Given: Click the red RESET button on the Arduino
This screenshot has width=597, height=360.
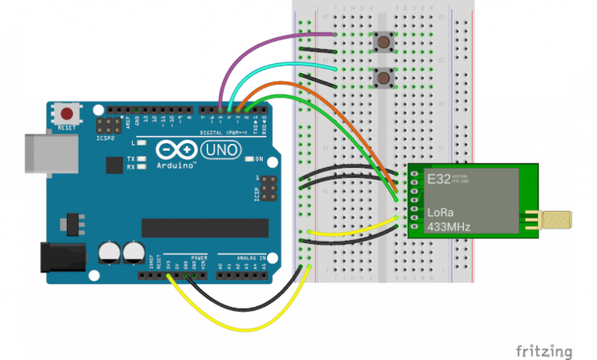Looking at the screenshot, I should pos(67,114).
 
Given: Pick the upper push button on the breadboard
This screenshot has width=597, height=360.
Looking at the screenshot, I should pos(382,41).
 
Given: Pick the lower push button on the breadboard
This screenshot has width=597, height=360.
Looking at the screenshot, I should pos(382,77).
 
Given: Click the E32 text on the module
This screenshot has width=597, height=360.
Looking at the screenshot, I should pos(438,178).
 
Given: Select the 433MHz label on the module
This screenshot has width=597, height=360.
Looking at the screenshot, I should pos(449,227).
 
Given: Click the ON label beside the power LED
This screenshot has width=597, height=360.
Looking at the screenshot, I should pos(260,159).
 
